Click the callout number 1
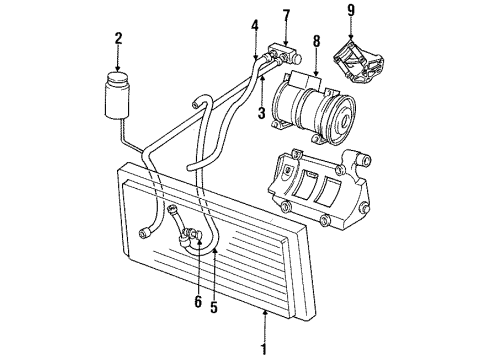[265, 349]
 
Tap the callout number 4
[254, 26]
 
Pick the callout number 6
[197, 302]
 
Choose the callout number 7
[285, 15]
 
